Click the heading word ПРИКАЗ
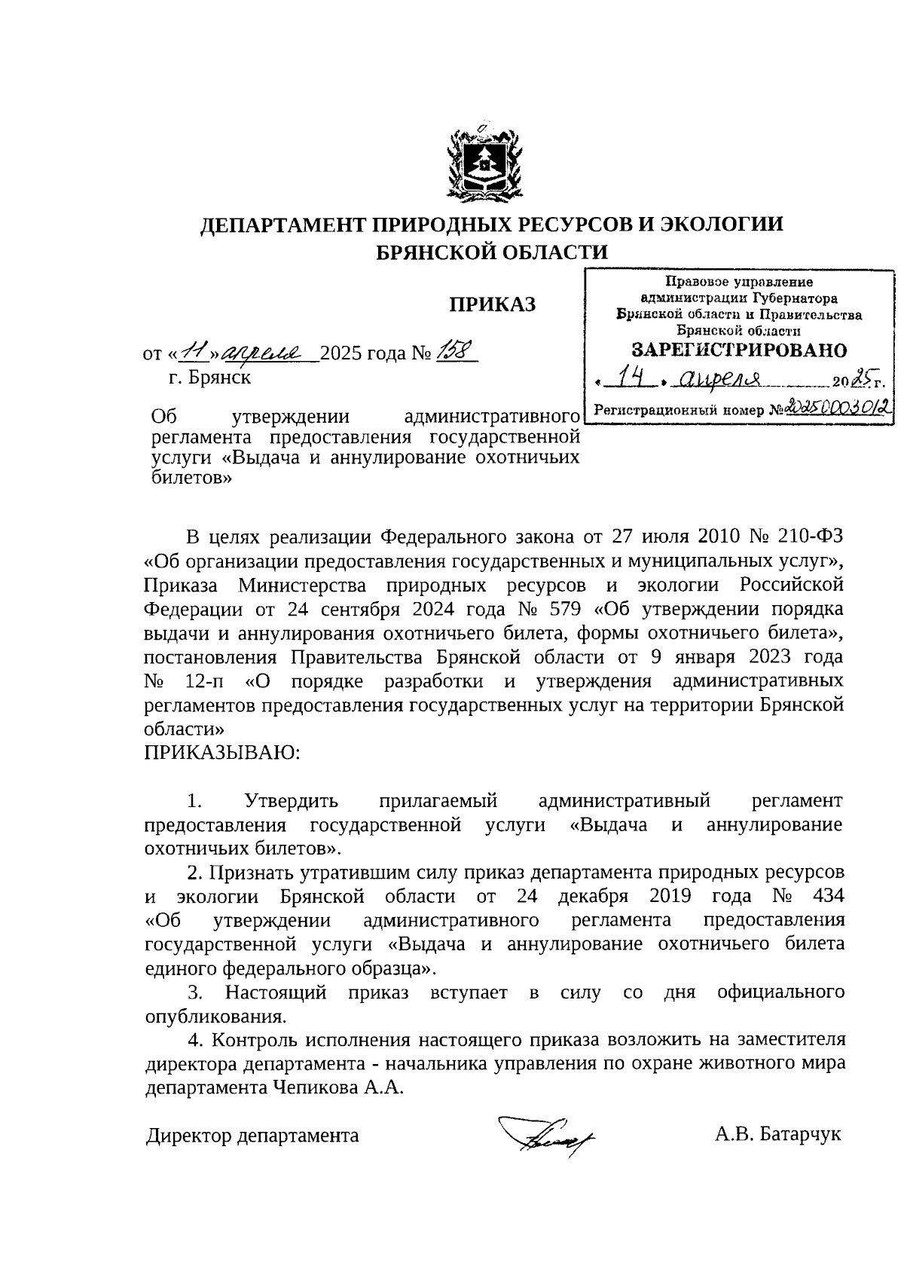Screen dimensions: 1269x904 pyautogui.click(x=492, y=304)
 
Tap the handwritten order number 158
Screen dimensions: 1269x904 pyautogui.click(x=455, y=350)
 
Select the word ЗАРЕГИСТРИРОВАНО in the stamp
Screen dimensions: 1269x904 pyautogui.click(x=739, y=350)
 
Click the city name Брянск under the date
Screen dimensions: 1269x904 pyautogui.click(x=219, y=377)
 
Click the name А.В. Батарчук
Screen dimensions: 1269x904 pyautogui.click(x=777, y=1134)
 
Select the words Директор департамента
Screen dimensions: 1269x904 pyautogui.click(x=252, y=1135)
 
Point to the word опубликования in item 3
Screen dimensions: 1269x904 pyautogui.click(x=215, y=1017)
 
